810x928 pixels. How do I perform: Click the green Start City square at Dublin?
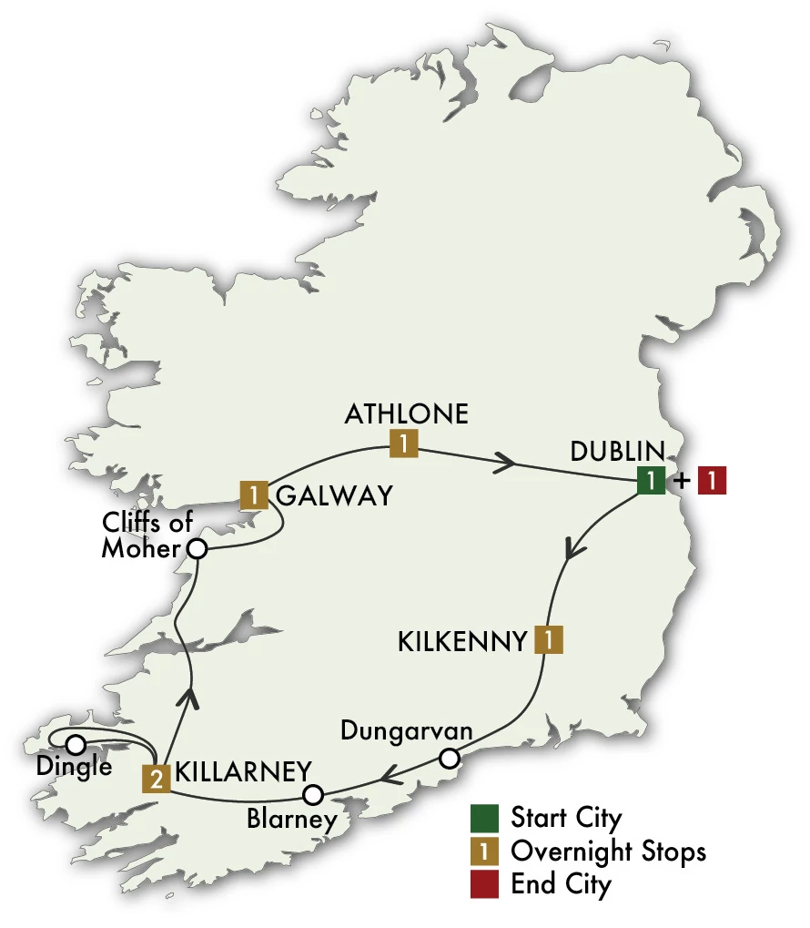(x=650, y=481)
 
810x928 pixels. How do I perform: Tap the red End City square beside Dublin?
(x=711, y=481)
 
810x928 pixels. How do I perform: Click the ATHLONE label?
(x=406, y=414)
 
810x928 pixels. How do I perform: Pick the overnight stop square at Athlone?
(x=403, y=444)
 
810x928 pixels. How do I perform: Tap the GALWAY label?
(x=333, y=495)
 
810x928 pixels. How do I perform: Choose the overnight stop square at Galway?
(x=253, y=495)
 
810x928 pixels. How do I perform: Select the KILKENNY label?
(x=462, y=641)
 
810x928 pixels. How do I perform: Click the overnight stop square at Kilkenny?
(x=549, y=640)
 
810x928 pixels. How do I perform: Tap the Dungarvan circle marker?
(x=448, y=758)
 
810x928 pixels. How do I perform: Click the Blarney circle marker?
(x=313, y=794)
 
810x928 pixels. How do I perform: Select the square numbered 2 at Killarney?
(x=157, y=779)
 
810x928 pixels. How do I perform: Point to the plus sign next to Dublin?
(x=681, y=481)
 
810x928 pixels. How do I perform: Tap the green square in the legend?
(x=483, y=817)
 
